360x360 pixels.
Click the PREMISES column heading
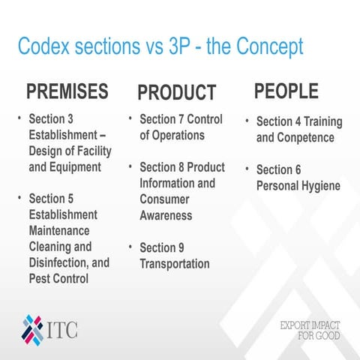(67, 92)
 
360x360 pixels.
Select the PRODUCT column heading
(177, 93)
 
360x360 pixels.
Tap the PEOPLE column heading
(286, 91)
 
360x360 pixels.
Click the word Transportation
(175, 263)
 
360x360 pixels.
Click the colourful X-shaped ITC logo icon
(33, 328)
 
